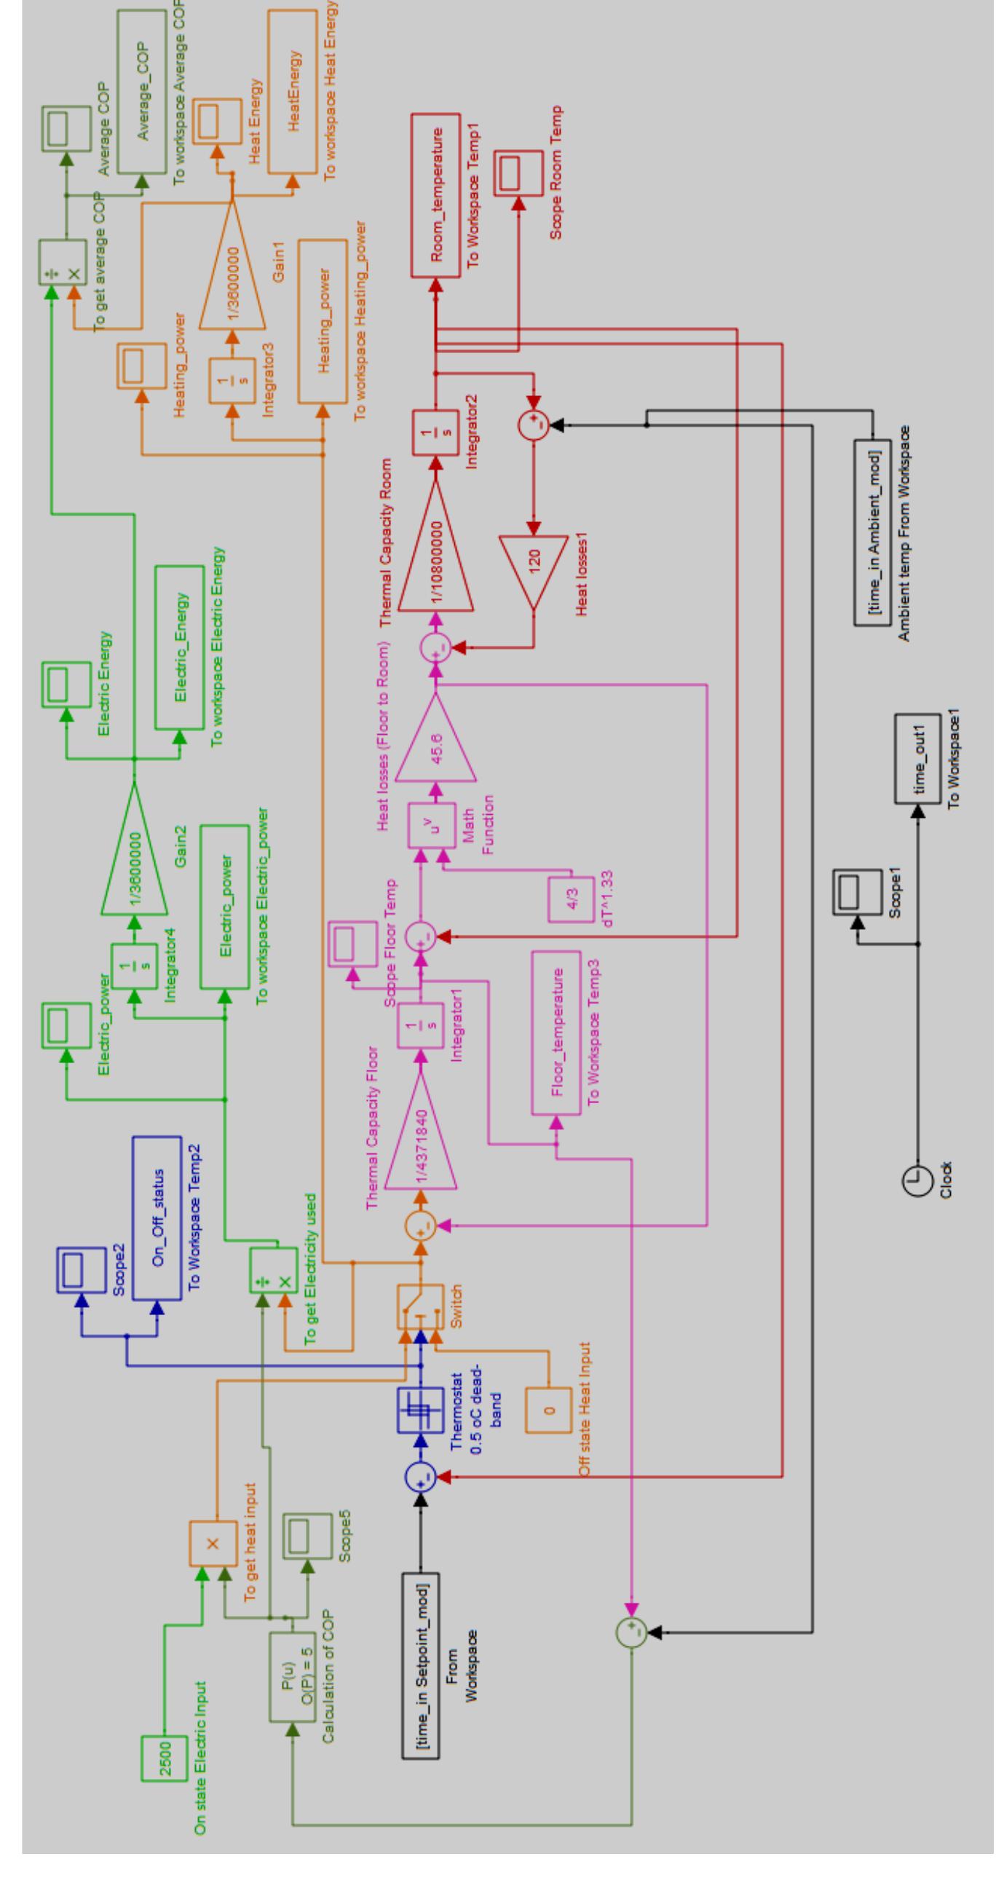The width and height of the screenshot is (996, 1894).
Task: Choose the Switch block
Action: [x=420, y=1307]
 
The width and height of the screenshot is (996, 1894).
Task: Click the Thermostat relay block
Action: [x=420, y=1410]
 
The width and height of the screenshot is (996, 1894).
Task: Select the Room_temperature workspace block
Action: [x=436, y=195]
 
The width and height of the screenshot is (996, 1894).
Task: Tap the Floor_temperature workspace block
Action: [x=556, y=1033]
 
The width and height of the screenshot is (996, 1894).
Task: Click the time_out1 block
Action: [x=917, y=758]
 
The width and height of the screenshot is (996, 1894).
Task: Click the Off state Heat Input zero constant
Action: [x=548, y=1410]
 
